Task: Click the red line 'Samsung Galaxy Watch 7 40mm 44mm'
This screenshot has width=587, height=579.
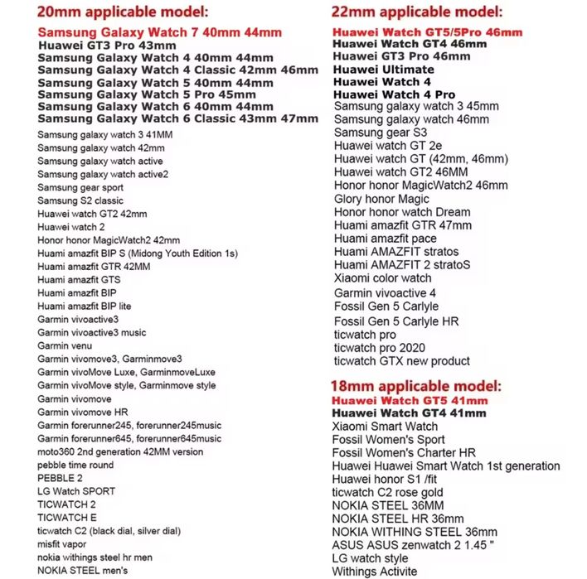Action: click(x=159, y=32)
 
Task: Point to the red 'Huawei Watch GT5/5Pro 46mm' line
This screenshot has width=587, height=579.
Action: click(x=427, y=32)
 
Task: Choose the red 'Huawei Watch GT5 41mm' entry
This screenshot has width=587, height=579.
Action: click(x=410, y=401)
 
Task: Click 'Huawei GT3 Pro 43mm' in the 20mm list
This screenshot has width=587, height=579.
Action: click(x=107, y=46)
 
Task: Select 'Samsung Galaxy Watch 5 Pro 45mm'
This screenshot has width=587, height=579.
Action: click(x=147, y=94)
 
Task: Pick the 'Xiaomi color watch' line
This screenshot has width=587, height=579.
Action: click(x=383, y=278)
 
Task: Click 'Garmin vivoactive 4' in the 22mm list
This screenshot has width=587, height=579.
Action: click(x=386, y=293)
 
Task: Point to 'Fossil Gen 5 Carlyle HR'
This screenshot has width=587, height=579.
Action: click(x=396, y=321)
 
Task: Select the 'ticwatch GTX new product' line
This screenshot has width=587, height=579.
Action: click(x=402, y=361)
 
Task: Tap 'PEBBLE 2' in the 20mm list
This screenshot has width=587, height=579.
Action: click(x=60, y=478)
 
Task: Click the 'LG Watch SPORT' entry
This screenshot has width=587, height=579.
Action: click(x=70, y=491)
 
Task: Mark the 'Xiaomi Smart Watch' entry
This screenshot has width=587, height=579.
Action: click(x=386, y=427)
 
